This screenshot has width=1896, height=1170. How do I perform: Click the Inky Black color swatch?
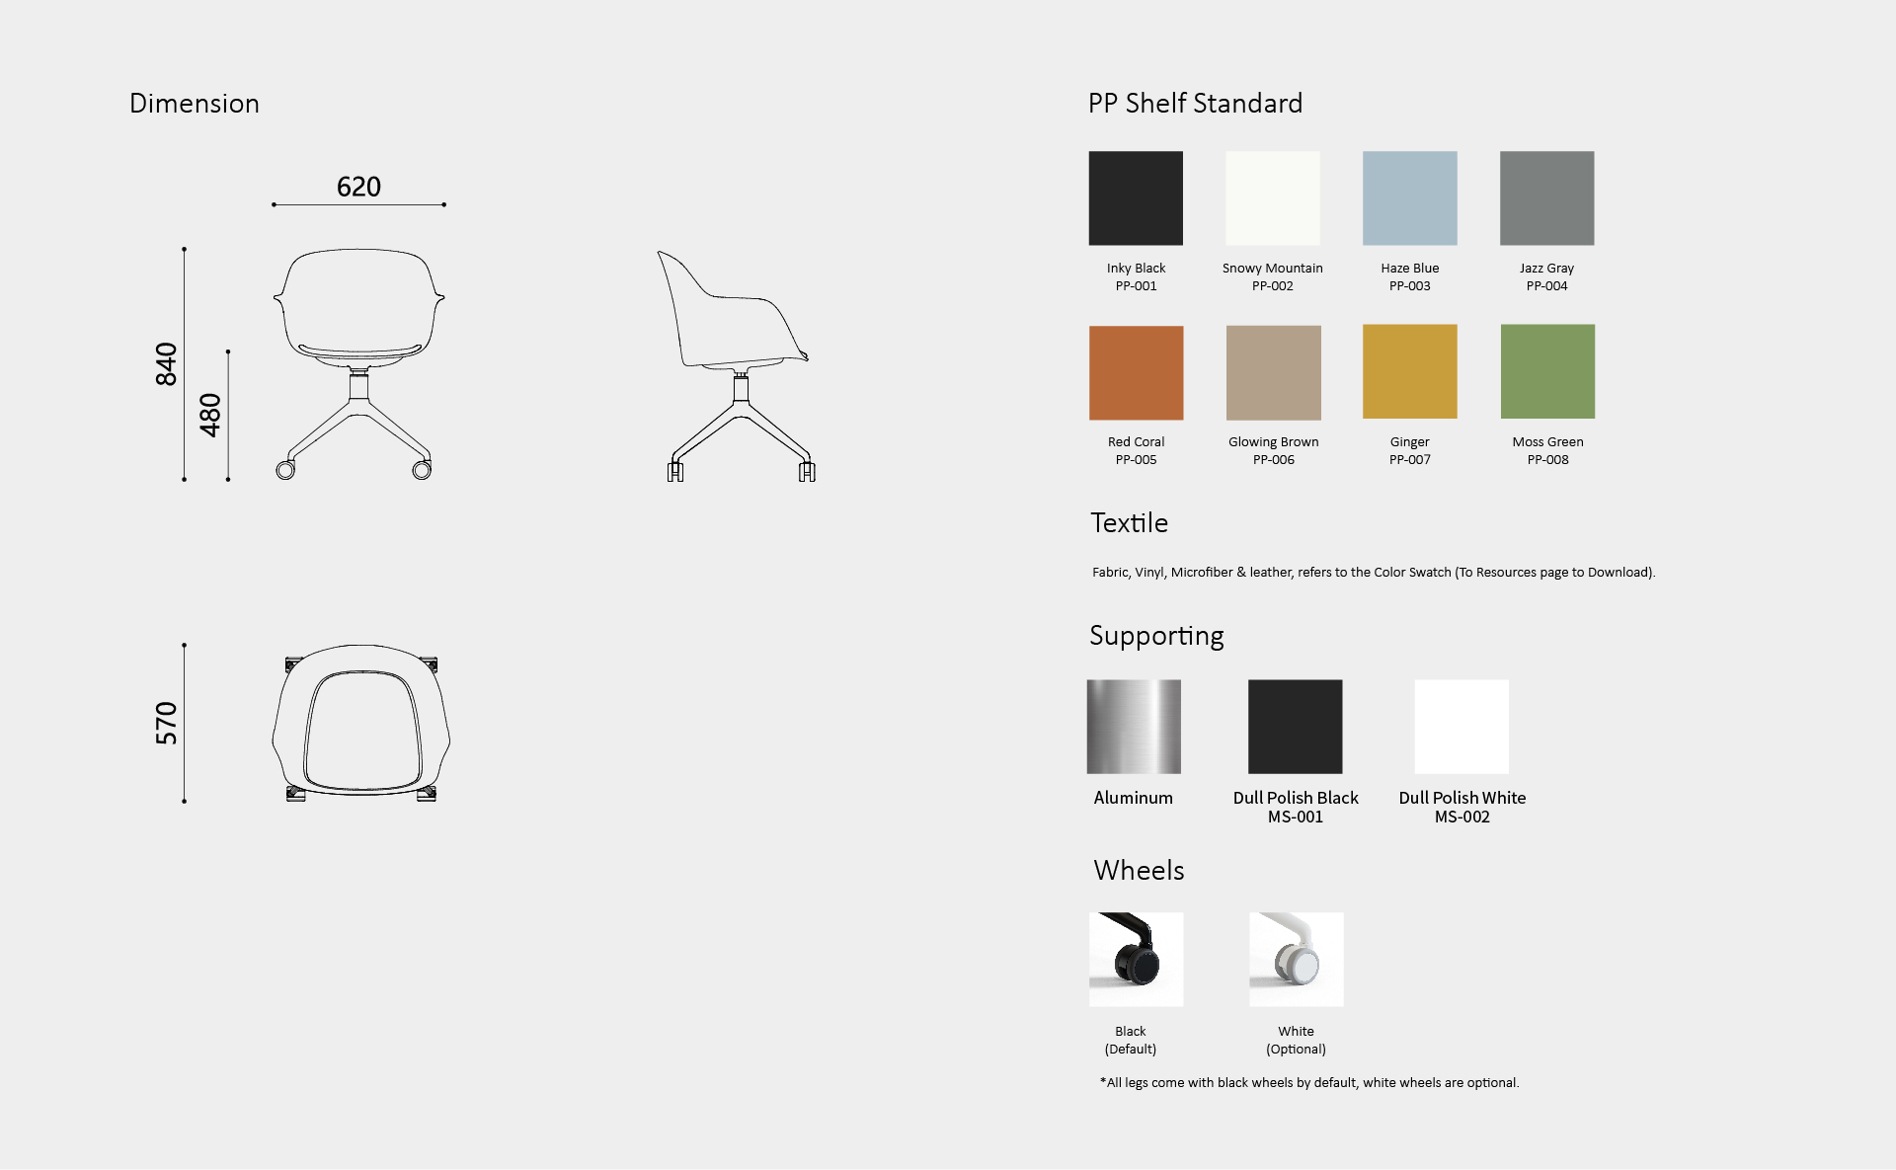1136,197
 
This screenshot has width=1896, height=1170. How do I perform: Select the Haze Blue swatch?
1409,197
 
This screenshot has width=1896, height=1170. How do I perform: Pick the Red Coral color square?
1136,372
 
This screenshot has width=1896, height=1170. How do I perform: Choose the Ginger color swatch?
1409,371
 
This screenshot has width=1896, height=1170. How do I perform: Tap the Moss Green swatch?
1547,371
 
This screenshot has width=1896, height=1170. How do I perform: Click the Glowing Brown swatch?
1273,372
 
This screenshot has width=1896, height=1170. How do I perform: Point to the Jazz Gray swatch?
1546,197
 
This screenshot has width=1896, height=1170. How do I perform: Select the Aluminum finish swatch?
1134,726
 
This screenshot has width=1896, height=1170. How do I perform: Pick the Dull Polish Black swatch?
1295,726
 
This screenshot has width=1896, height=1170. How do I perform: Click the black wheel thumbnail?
1136,959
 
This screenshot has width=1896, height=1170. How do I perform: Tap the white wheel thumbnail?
1296,959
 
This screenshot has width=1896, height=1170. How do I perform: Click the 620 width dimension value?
358,187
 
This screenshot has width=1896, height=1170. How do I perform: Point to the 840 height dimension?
166,363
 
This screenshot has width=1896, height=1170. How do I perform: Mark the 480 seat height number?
210,415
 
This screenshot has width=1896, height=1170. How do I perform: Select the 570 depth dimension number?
166,723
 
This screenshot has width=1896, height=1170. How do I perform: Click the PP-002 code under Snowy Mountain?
1272,286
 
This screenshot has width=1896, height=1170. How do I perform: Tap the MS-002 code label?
1461,817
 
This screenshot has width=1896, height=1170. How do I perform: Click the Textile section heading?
1129,523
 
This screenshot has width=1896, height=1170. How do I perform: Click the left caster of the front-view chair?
285,470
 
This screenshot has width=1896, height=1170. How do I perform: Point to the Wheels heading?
1139,870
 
